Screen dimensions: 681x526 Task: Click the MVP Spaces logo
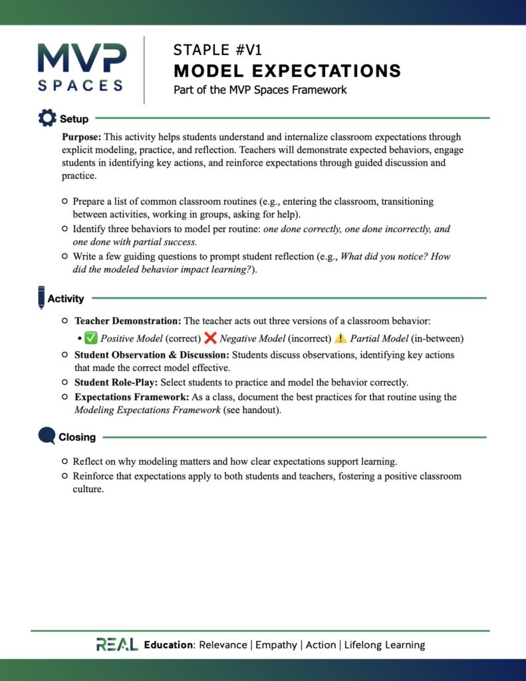[x=80, y=67]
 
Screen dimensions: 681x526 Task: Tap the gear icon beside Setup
[x=47, y=118]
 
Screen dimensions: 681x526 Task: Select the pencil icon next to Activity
[x=41, y=297]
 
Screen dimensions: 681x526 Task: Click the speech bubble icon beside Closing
[x=47, y=436]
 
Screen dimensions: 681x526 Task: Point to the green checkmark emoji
[x=91, y=338]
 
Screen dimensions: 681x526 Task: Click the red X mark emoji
[x=210, y=338]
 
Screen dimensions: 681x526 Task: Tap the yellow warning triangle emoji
[x=340, y=338]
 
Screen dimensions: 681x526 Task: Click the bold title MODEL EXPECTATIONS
[x=287, y=70]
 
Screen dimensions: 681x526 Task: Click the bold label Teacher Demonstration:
[x=128, y=321]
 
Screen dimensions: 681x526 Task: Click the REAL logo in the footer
[x=117, y=644]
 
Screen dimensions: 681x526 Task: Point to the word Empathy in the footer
[x=276, y=644]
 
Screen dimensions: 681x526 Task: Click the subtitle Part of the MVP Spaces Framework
[x=260, y=90]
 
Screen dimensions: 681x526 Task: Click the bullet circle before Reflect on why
[x=65, y=461]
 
